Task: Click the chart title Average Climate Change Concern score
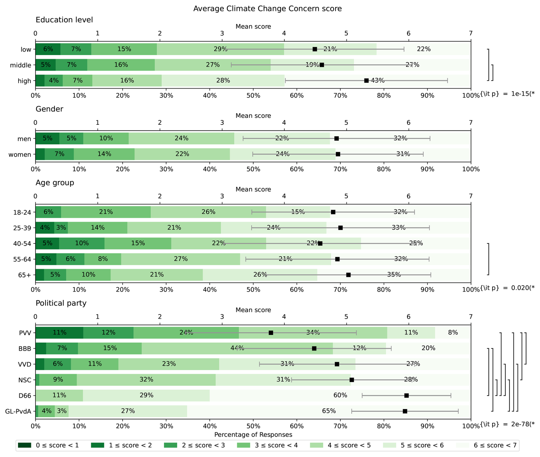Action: (267, 9)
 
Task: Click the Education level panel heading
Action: (64, 20)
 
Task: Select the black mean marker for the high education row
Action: (366, 81)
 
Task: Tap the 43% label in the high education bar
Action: (378, 80)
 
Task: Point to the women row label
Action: (20, 155)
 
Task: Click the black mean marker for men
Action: (337, 138)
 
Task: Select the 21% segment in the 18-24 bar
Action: (106, 212)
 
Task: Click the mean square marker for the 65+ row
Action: (348, 275)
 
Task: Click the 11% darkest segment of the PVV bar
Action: (59, 333)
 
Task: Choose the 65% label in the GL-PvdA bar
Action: (329, 411)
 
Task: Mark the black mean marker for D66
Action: (406, 396)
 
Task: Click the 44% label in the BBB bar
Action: (237, 348)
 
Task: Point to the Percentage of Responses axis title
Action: (253, 435)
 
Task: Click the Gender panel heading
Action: (49, 109)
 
